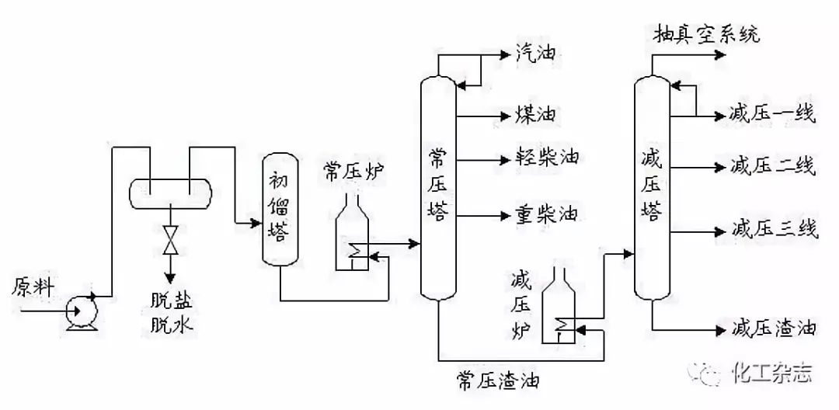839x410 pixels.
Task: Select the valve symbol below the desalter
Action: [171, 240]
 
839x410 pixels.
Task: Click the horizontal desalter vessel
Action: [171, 193]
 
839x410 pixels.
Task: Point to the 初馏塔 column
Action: [280, 208]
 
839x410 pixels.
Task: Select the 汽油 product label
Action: [535, 54]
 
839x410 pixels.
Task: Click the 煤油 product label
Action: [535, 115]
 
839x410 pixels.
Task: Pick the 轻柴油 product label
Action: [547, 158]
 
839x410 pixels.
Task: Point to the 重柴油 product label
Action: [547, 215]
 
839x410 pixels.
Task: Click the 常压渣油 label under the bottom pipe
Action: [498, 380]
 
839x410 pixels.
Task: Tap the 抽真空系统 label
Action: [706, 35]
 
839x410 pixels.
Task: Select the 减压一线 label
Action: [772, 114]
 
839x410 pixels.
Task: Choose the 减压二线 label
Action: [772, 167]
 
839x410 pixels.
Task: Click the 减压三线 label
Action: [773, 230]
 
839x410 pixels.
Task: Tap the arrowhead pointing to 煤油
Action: [506, 116]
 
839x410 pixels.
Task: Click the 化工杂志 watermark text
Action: [772, 372]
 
